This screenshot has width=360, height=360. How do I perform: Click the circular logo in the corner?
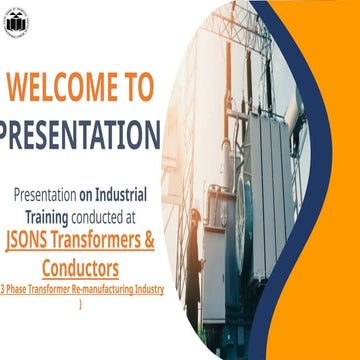(x=16, y=20)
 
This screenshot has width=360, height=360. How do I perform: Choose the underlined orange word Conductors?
(x=81, y=267)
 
